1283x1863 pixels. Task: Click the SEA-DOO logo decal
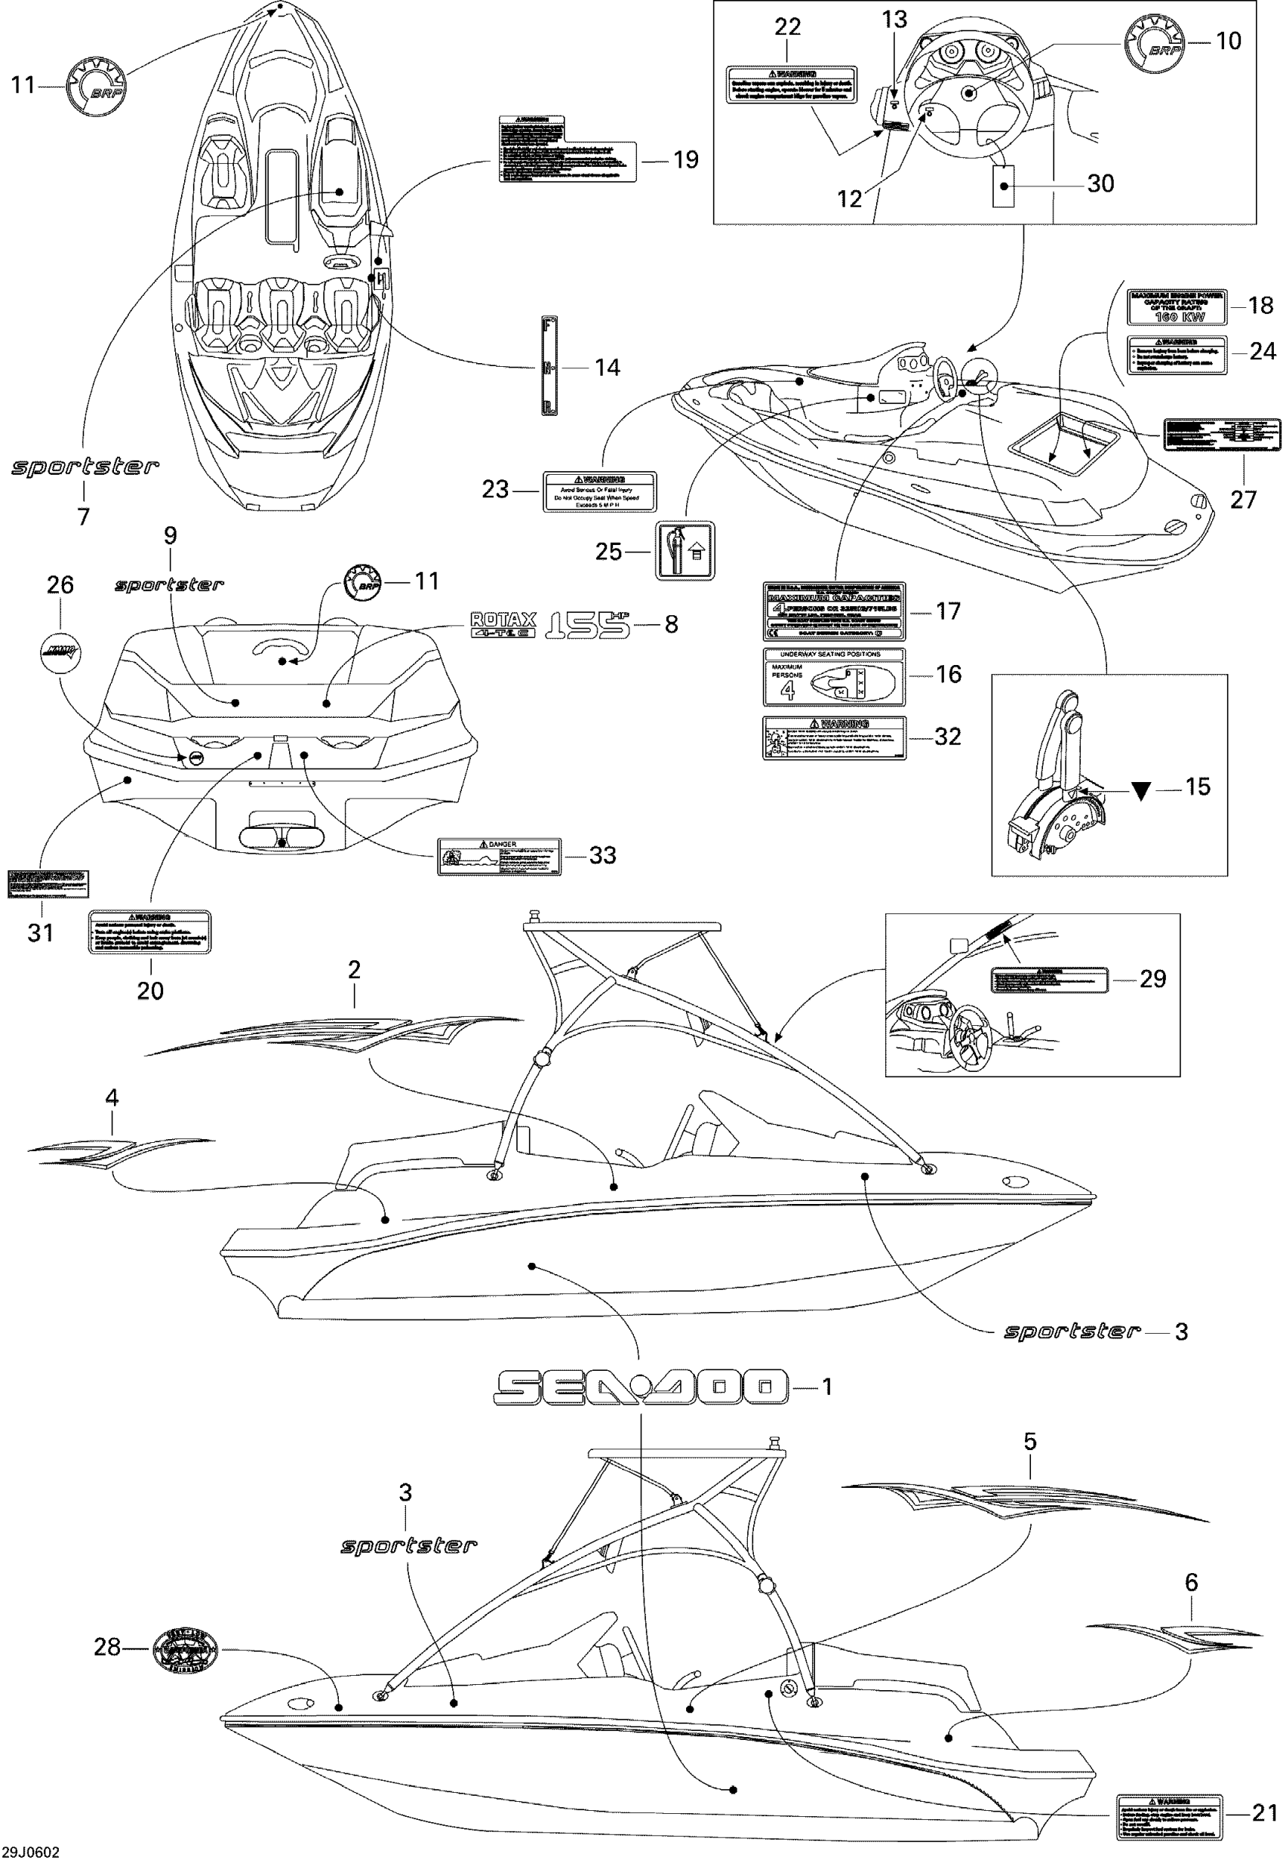point(641,1387)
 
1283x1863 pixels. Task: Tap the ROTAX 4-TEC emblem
point(503,625)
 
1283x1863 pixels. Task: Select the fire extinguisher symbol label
point(685,551)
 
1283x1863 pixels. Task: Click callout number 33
point(602,855)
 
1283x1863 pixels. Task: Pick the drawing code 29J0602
point(30,1852)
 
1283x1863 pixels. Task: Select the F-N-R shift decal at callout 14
point(550,366)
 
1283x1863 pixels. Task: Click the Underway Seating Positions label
point(834,677)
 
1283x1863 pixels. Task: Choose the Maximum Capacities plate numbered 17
point(834,612)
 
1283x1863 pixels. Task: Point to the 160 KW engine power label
point(1176,306)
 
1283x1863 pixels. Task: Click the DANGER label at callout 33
point(499,856)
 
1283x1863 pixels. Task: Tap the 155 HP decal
point(587,626)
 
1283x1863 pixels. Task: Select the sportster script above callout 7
point(85,467)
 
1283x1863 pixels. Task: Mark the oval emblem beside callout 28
point(184,1648)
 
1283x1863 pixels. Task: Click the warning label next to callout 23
point(600,491)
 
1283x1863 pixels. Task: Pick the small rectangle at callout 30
point(1001,186)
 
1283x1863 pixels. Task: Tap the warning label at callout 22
point(792,85)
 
